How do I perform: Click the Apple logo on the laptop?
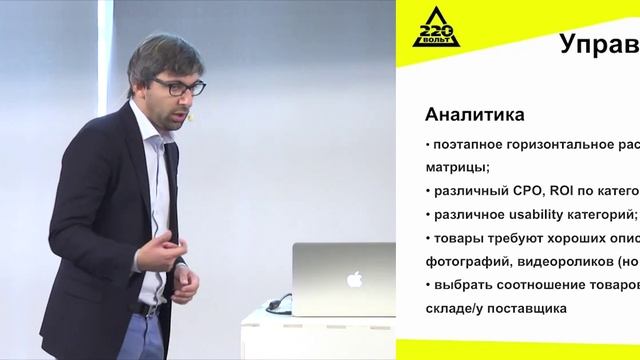[x=353, y=280]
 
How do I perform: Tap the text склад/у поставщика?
[x=496, y=308]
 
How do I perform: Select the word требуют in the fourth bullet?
[x=512, y=238]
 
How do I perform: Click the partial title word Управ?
[x=597, y=45]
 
